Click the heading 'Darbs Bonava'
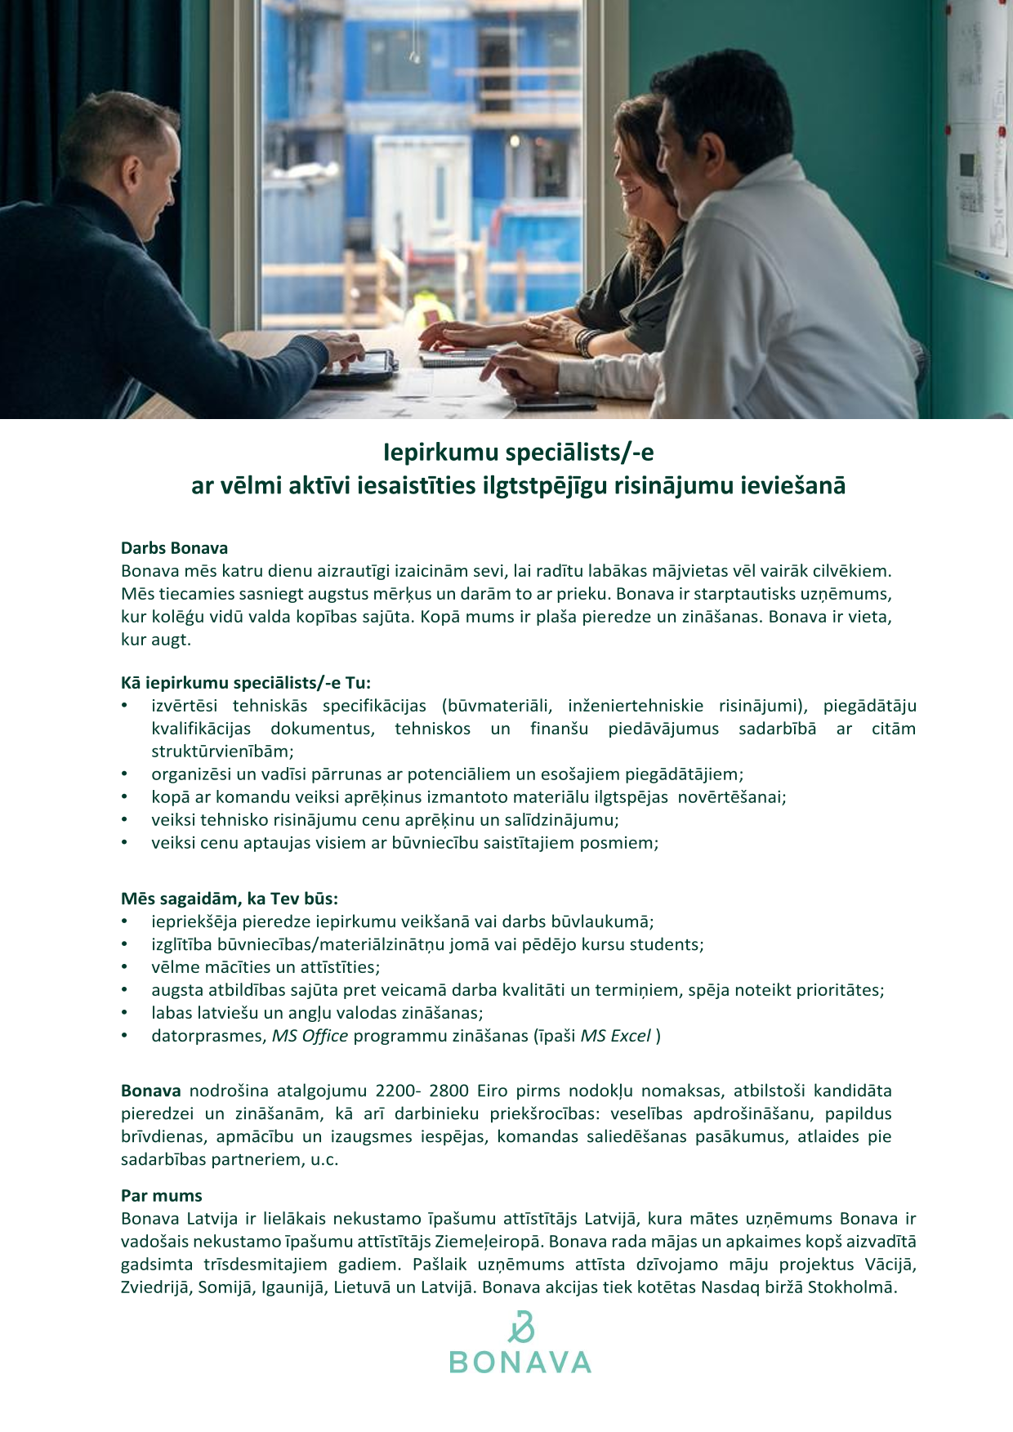174,548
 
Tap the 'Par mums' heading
161,1196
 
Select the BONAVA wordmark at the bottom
520,1363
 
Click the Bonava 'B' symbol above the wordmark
520,1327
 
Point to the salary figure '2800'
448,1091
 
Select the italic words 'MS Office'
310,1036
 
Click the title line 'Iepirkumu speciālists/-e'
519,452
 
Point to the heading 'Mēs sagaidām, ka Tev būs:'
230,899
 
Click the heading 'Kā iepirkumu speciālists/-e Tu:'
246,683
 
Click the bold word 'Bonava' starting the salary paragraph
151,1091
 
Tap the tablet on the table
359,365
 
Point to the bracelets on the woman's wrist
586,341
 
